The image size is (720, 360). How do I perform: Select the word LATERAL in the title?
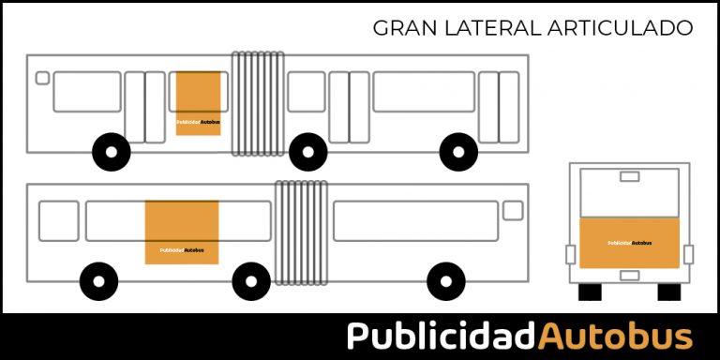click(x=485, y=28)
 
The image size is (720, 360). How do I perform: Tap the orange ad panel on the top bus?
click(x=199, y=103)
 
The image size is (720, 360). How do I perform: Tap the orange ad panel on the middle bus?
click(x=181, y=232)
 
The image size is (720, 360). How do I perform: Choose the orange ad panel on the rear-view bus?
click(x=628, y=243)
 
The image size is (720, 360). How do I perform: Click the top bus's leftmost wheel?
click(x=112, y=152)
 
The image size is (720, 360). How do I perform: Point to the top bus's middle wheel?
click(x=307, y=152)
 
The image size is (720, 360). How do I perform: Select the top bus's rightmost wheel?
click(x=458, y=152)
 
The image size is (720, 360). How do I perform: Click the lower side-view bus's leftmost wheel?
click(x=98, y=280)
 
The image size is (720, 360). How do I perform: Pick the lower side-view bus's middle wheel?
click(x=251, y=280)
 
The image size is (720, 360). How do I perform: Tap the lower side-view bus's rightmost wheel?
click(x=445, y=280)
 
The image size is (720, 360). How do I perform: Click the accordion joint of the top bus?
click(x=258, y=103)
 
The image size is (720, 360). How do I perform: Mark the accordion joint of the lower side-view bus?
click(x=301, y=232)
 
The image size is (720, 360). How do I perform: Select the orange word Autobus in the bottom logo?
click(x=616, y=336)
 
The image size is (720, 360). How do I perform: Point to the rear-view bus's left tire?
click(x=590, y=292)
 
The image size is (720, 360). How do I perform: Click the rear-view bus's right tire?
click(x=668, y=292)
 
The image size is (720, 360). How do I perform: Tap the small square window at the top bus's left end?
click(x=42, y=78)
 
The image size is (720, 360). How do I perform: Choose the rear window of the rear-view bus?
click(x=628, y=192)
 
